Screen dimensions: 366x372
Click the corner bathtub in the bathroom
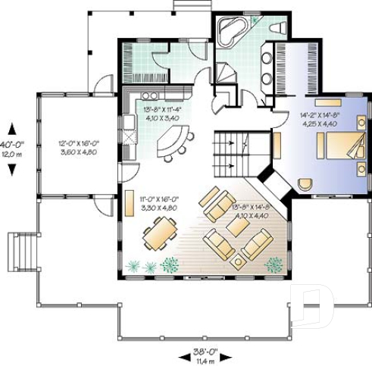click(230, 30)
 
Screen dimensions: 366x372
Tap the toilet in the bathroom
click(277, 27)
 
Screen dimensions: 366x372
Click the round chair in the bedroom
click(305, 183)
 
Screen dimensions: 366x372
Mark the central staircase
click(230, 151)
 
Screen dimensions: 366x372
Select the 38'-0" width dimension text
click(204, 352)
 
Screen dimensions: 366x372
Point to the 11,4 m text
click(204, 361)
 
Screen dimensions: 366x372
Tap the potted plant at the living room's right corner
click(274, 263)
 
